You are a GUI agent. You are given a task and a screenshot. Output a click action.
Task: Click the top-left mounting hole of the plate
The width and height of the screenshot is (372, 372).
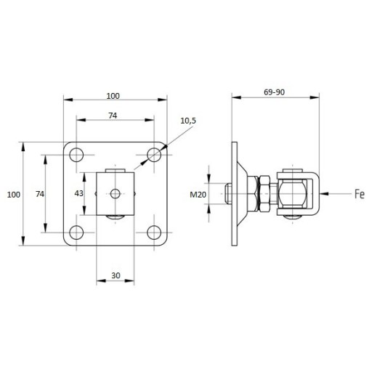point(76,155)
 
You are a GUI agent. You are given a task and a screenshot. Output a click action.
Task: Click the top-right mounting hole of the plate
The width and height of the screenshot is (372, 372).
point(154,155)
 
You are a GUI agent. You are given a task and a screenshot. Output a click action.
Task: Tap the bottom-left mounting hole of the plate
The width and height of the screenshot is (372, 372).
point(76,232)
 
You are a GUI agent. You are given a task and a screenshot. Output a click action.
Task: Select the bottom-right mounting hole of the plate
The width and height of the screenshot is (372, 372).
point(154,232)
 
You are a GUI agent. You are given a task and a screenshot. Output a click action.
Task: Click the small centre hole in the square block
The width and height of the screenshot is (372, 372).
point(116,193)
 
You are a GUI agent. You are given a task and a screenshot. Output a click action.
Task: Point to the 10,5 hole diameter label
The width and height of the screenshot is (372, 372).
point(188,121)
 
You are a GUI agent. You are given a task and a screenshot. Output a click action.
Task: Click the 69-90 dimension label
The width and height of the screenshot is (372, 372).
point(274,92)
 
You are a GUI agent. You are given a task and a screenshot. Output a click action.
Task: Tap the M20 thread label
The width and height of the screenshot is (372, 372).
point(198,195)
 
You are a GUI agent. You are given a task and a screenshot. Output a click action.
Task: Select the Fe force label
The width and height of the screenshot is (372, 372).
point(360,194)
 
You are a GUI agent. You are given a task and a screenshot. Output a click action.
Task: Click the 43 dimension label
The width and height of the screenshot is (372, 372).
point(79,193)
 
